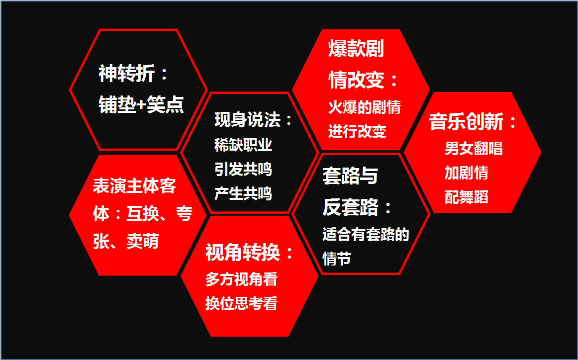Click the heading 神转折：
click(x=133, y=74)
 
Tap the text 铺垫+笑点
click(x=141, y=104)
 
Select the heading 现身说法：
click(x=253, y=120)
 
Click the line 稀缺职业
click(x=243, y=145)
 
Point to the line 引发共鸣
click(x=243, y=170)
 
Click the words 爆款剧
click(x=356, y=49)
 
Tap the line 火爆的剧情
click(x=365, y=107)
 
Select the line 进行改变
click(x=357, y=131)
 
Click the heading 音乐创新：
click(x=474, y=122)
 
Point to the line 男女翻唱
click(x=474, y=149)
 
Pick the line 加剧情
click(x=466, y=173)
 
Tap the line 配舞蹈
click(x=466, y=197)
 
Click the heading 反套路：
click(x=357, y=207)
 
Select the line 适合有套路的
click(x=366, y=234)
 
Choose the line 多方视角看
click(x=241, y=279)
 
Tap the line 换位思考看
click(x=241, y=304)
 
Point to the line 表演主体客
click(x=134, y=186)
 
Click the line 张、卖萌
click(x=126, y=242)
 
